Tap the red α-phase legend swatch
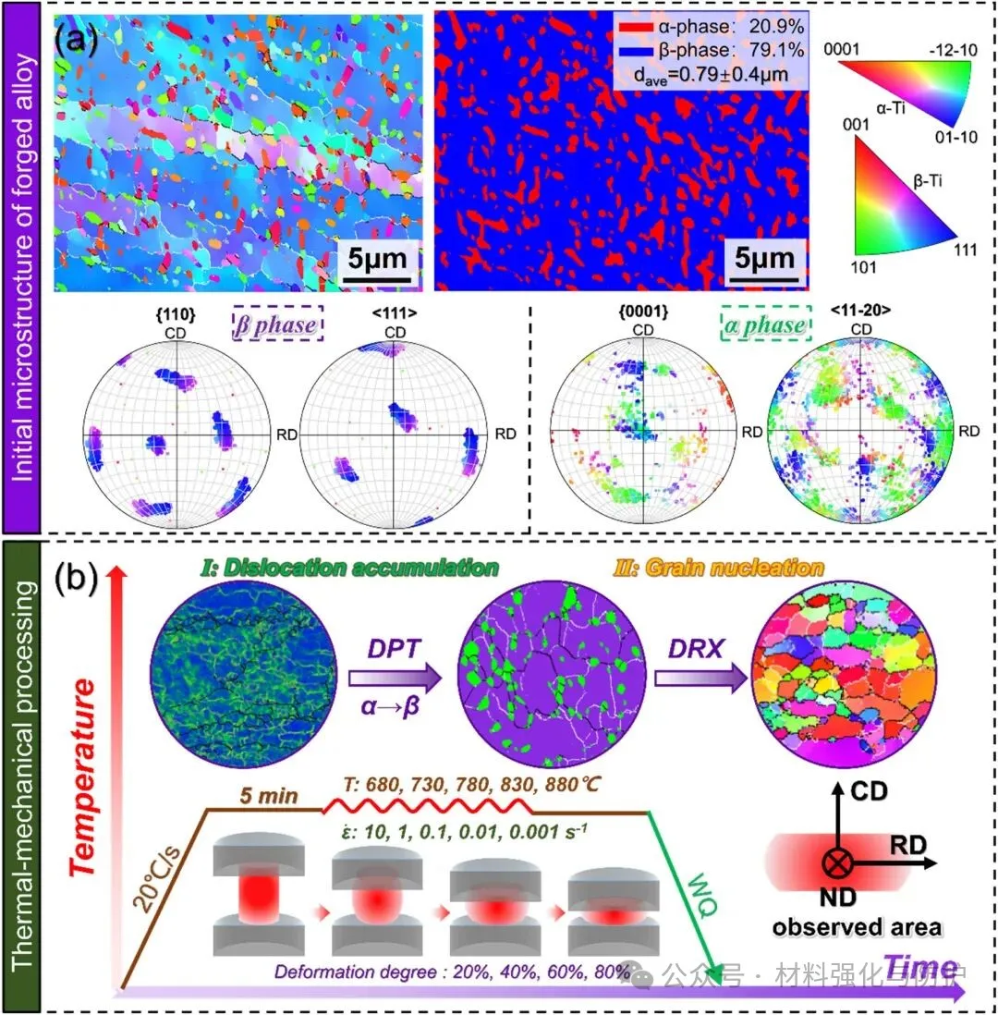pos(636,29)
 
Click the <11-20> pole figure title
pos(862,313)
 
